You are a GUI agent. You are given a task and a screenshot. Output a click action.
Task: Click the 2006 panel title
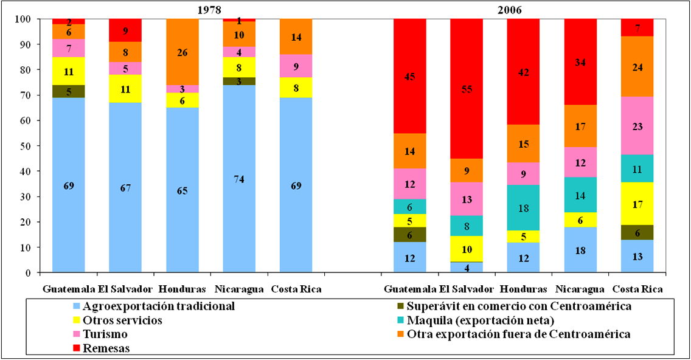click(x=509, y=10)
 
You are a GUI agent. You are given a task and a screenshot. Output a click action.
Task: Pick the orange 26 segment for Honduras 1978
click(x=182, y=52)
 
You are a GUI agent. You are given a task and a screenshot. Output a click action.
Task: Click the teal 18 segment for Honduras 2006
click(x=523, y=208)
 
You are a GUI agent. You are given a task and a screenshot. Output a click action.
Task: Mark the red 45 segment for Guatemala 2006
click(x=409, y=76)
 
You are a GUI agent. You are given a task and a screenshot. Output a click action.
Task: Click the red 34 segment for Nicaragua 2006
click(x=580, y=61)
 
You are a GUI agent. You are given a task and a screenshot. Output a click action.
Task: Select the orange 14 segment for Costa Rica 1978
click(x=296, y=36)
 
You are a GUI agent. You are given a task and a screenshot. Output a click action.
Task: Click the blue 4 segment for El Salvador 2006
click(x=467, y=267)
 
